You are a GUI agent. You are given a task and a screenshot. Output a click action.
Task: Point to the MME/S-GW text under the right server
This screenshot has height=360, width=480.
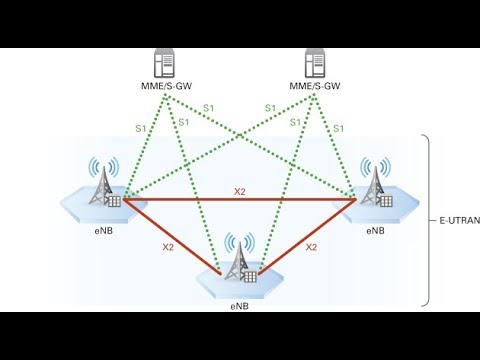[x=316, y=87]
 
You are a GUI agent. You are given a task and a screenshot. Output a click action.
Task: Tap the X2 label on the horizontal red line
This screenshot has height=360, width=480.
[x=240, y=190]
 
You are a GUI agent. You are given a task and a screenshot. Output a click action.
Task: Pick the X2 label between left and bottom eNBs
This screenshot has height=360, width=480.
[x=167, y=245]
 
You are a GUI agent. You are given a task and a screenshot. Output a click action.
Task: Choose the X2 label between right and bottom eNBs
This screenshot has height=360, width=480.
[x=312, y=245]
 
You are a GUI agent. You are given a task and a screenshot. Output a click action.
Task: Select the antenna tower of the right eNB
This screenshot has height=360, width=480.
[x=375, y=183]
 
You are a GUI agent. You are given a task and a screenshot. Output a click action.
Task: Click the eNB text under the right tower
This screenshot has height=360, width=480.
[x=375, y=230]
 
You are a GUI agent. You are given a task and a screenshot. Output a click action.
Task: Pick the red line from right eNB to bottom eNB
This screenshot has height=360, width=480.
[x=305, y=236]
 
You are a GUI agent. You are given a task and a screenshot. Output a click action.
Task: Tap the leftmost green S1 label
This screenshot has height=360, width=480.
[x=140, y=128]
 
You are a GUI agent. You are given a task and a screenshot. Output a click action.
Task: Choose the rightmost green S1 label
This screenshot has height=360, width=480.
[x=339, y=128]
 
